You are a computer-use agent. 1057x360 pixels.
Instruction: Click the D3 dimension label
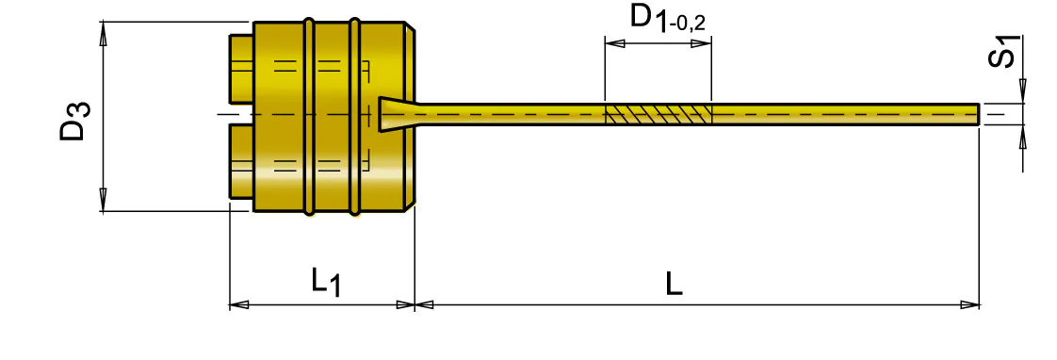(74, 120)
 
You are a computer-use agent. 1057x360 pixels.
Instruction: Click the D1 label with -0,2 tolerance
(668, 18)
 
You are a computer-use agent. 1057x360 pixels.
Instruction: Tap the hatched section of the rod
(659, 114)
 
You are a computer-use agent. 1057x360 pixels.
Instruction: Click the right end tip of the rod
(979, 114)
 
